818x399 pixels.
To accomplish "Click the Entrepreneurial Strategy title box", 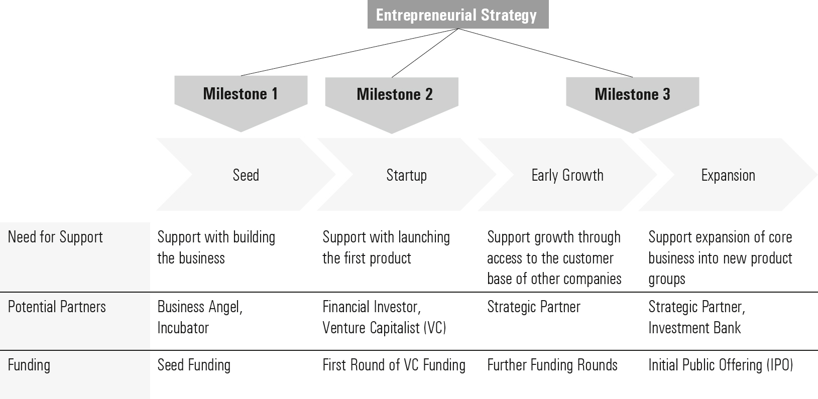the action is [x=458, y=14].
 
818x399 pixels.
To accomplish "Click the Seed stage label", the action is [x=246, y=175].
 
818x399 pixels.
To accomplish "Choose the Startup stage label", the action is [x=406, y=176].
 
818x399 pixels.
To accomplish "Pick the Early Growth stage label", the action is [x=567, y=176].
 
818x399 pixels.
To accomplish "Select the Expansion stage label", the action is [x=728, y=176].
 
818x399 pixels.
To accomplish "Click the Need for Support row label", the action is [x=55, y=237].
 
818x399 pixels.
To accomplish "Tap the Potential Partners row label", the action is [x=57, y=307].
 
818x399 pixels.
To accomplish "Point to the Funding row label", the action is [x=29, y=365].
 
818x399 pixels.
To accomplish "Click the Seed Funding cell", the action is [x=194, y=365].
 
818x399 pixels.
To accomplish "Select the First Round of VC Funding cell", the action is [x=394, y=365].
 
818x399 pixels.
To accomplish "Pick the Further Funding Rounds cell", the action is [x=552, y=365].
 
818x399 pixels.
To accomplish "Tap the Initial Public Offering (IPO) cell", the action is [x=721, y=365].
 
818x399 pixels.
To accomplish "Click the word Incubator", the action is [x=183, y=328].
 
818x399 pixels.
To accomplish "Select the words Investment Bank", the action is [x=694, y=328].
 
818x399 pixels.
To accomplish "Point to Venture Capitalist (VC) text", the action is [x=384, y=328].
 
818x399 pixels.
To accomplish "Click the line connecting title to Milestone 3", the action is [x=545, y=53].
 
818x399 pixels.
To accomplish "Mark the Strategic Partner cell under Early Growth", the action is [x=533, y=307].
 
